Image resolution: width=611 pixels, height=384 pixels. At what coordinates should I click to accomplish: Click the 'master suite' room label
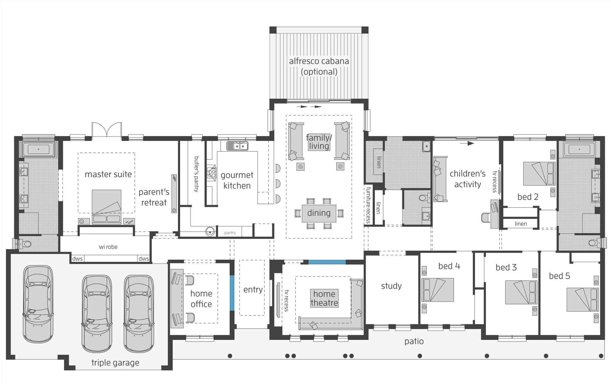click(x=108, y=174)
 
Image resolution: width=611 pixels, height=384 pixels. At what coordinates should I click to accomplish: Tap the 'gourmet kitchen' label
click(x=237, y=180)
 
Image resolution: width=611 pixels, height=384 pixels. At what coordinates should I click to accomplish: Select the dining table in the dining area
click(x=319, y=213)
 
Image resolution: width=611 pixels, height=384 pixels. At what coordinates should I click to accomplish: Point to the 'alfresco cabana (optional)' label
click(x=319, y=66)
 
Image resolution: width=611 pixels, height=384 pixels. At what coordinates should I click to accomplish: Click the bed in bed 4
click(x=437, y=290)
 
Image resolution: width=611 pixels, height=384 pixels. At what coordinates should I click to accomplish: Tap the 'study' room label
click(x=391, y=286)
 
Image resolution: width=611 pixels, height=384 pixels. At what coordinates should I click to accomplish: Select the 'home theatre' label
click(x=324, y=298)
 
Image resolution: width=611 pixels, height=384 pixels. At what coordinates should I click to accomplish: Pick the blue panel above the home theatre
click(x=327, y=262)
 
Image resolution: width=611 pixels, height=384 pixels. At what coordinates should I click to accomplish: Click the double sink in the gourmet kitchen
click(x=237, y=146)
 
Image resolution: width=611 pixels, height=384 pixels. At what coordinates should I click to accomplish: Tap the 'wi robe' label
click(x=108, y=247)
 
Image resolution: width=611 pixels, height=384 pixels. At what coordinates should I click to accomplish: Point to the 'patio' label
click(x=414, y=341)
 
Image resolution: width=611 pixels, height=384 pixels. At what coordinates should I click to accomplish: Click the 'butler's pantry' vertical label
click(x=196, y=174)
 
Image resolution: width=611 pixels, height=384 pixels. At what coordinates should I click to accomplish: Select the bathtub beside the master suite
click(x=38, y=150)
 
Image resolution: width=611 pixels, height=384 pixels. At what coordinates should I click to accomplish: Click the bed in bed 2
click(x=539, y=174)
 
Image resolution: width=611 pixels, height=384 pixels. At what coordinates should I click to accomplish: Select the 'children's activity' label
click(x=467, y=179)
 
